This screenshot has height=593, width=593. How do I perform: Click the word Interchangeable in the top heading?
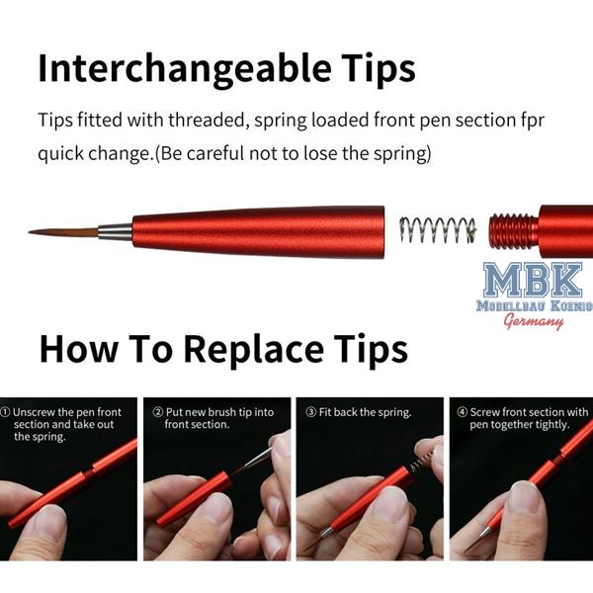185,69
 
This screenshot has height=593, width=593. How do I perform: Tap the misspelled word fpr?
534,121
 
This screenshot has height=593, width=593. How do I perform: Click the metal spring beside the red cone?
438,230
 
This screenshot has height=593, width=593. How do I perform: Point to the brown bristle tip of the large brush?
63,232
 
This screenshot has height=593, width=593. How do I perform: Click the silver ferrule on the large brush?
116,232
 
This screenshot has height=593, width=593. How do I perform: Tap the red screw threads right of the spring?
514,231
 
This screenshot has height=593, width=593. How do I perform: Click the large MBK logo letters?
533,280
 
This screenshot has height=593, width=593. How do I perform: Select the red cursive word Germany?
534,321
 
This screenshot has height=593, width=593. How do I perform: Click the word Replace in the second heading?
253,350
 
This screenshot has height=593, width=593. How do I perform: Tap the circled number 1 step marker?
5,412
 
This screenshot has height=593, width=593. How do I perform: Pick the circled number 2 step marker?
158,412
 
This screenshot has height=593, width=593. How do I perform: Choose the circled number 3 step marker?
311,412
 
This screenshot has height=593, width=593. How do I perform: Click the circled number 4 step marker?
463,412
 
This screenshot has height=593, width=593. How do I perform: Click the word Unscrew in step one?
34,412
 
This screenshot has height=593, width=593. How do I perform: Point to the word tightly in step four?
552,425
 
